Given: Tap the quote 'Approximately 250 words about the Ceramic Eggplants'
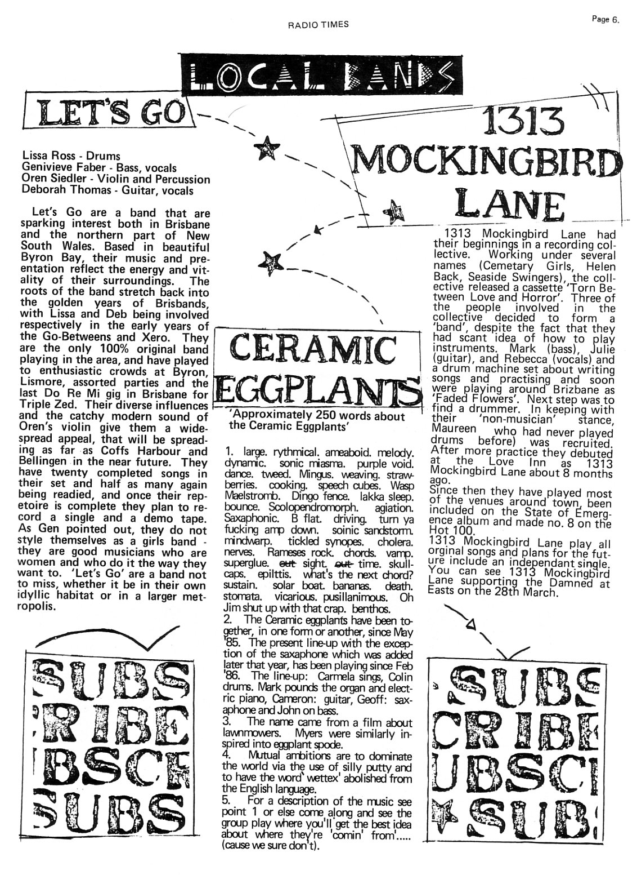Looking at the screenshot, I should tap(317, 421).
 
